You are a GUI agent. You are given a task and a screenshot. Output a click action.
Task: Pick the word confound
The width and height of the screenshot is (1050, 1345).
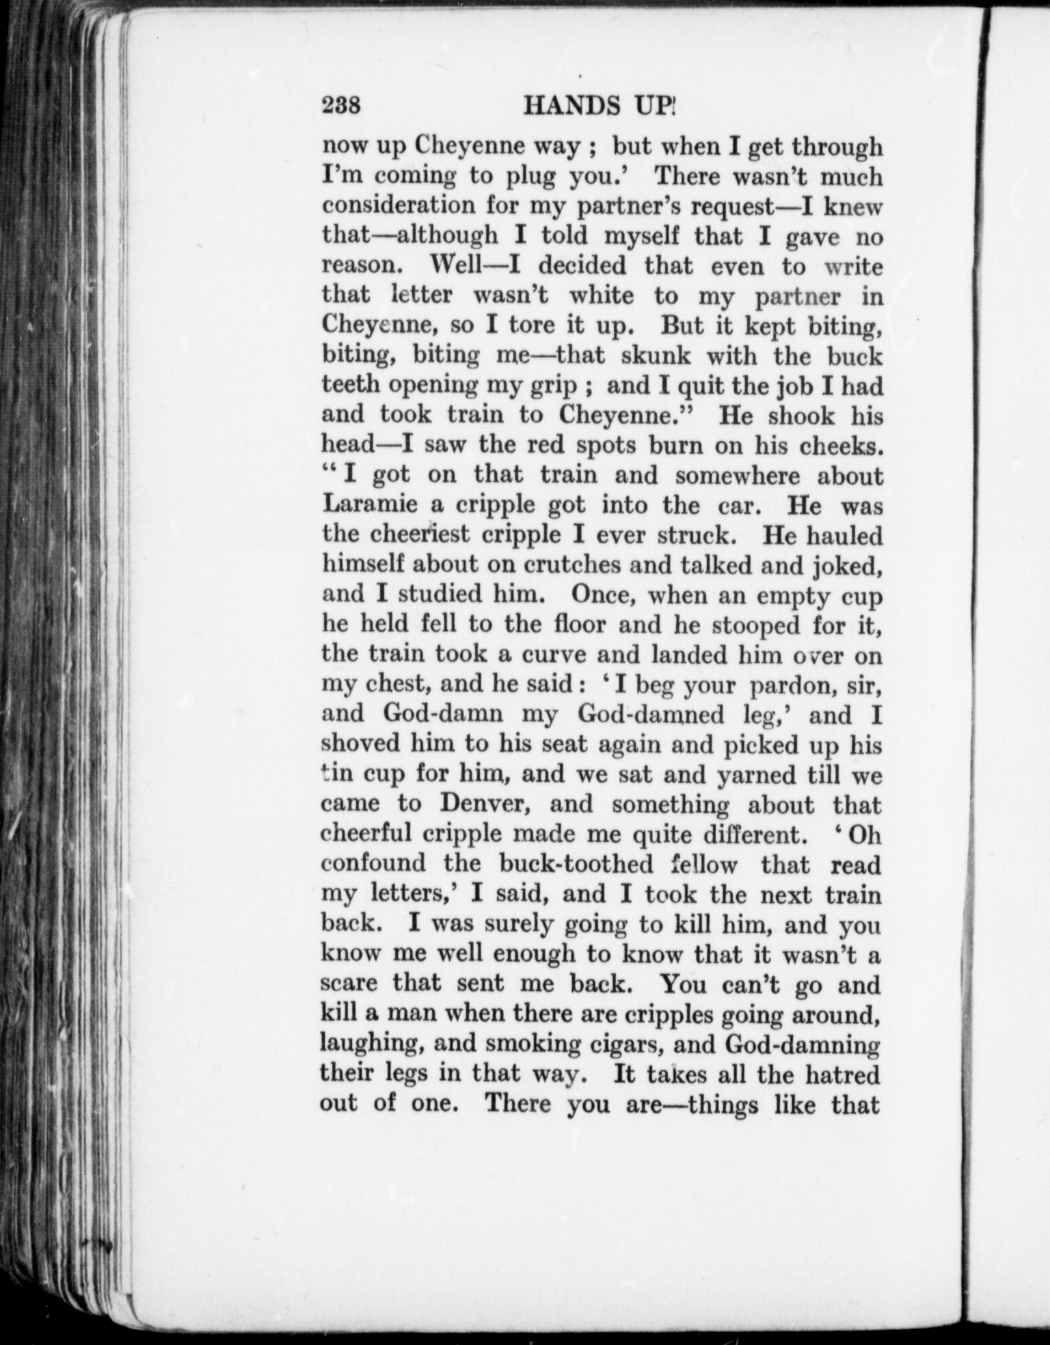374,864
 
